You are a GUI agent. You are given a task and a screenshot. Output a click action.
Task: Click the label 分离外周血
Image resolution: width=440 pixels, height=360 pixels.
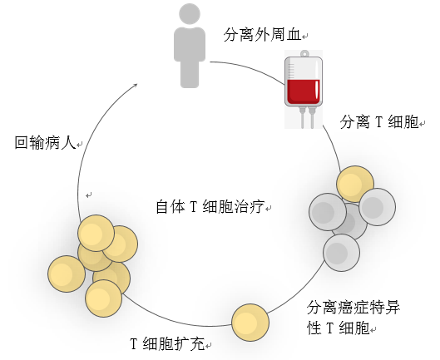tap(262, 35)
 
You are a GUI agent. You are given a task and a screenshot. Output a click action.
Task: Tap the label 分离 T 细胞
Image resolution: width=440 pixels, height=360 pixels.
tap(379, 122)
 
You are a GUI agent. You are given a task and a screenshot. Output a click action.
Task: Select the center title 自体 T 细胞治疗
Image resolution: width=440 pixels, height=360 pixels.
tap(210, 207)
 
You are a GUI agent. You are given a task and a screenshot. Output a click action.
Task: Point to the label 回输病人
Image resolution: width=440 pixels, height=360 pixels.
tap(45, 142)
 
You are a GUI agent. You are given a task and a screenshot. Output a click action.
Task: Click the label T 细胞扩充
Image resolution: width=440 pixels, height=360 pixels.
tap(167, 343)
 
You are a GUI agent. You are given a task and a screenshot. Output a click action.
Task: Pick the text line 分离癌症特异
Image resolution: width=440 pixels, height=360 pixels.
tap(353, 308)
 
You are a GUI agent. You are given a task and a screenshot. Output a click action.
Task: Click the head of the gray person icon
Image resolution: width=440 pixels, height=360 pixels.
tap(190, 14)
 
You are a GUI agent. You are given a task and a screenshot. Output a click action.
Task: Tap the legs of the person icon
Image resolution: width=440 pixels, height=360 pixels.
tap(190, 73)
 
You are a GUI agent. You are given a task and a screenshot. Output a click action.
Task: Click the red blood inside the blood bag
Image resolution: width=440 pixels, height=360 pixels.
tap(304, 91)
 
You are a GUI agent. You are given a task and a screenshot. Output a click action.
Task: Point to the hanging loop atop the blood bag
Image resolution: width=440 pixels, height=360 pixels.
tap(304, 53)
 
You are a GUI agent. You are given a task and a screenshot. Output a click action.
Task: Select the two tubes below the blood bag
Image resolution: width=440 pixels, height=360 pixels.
tap(307, 118)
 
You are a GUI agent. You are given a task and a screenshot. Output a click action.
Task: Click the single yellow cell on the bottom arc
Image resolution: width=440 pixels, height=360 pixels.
tap(250, 323)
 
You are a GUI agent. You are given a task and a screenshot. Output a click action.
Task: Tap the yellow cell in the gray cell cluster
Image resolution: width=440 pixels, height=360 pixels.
tap(355, 184)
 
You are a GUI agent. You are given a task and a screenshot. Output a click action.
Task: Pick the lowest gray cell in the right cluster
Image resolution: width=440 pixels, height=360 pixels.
tap(341, 253)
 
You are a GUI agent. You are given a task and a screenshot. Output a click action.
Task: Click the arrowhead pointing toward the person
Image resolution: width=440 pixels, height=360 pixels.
tap(136, 86)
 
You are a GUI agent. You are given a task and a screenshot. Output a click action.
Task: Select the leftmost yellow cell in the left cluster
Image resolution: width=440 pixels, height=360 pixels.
tap(67, 274)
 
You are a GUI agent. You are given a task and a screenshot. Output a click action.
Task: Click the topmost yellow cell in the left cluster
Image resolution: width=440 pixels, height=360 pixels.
tap(96, 233)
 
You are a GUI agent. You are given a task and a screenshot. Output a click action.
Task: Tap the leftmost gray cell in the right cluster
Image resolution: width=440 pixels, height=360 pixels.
tap(328, 212)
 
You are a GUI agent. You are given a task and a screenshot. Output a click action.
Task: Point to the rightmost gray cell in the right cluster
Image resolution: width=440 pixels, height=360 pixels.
tap(377, 207)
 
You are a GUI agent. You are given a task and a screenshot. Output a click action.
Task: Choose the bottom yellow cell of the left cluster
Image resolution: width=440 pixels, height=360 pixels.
tap(103, 298)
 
